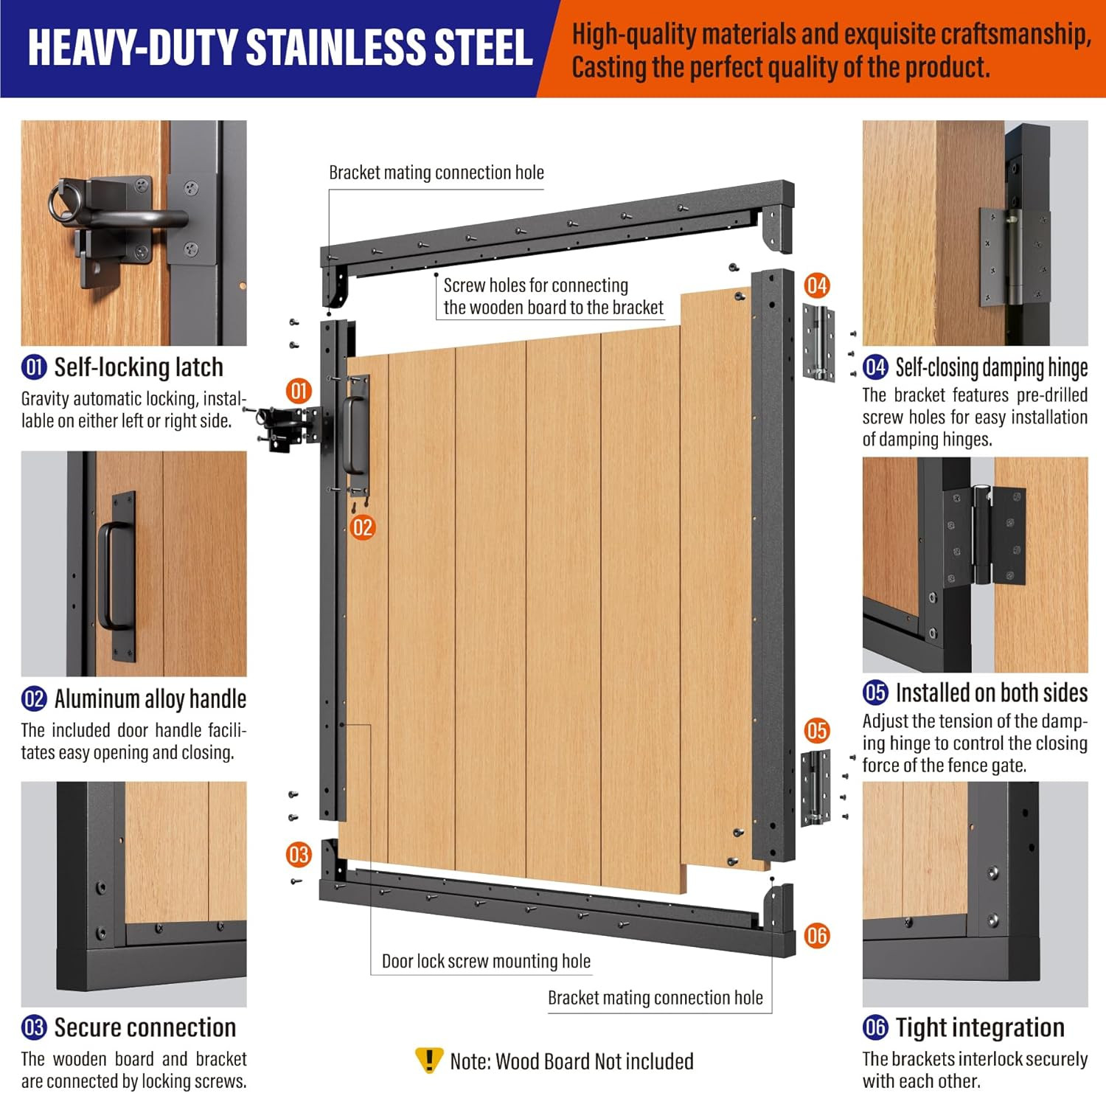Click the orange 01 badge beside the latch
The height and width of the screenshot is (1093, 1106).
(299, 391)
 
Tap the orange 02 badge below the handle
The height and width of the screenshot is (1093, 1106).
(363, 527)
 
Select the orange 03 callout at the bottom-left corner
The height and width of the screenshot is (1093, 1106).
(299, 855)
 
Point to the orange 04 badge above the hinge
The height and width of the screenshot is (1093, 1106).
(817, 285)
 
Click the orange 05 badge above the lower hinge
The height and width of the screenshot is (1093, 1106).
(817, 731)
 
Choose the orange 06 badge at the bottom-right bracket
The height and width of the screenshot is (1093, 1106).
(817, 936)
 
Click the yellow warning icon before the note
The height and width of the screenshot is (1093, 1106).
(429, 1060)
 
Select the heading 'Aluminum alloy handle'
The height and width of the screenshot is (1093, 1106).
(150, 698)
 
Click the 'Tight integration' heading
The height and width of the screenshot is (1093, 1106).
(980, 1027)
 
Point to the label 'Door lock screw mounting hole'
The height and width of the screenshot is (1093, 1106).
(486, 961)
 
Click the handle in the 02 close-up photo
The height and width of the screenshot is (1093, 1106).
(116, 575)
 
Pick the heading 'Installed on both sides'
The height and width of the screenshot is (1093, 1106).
(991, 693)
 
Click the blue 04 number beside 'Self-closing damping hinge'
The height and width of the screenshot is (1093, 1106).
(875, 367)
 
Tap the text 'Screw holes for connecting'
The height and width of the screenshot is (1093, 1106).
(536, 285)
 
